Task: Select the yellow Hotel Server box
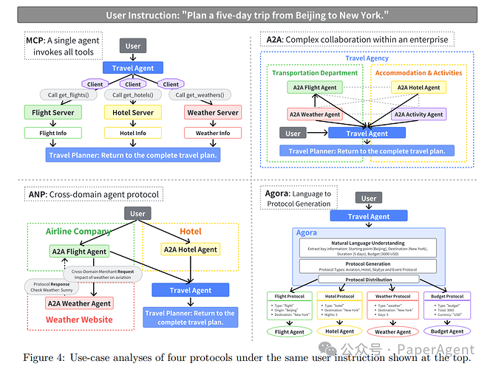coord(133,113)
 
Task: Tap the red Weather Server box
coord(212,113)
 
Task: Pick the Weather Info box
coord(212,133)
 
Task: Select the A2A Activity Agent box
coord(418,114)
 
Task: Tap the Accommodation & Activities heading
coord(418,73)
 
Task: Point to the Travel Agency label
coord(367,58)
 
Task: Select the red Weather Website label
coord(79,320)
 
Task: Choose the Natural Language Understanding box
coord(367,247)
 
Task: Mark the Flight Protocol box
coord(290,296)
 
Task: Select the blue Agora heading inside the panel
coord(307,232)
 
